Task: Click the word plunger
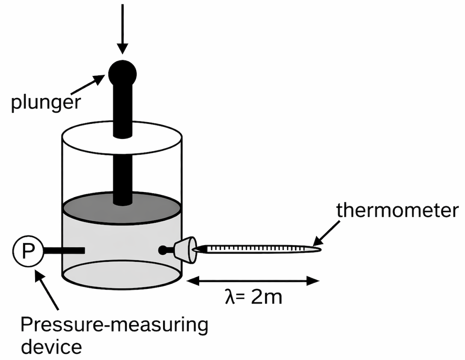(45, 103)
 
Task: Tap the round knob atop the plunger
(122, 73)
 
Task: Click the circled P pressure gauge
(27, 251)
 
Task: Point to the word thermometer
(397, 211)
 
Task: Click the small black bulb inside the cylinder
(163, 250)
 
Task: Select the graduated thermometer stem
(257, 249)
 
